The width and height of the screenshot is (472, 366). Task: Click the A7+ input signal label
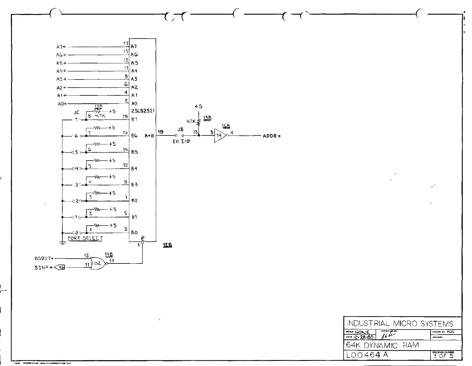click(61, 47)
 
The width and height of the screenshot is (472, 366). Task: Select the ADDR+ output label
click(272, 136)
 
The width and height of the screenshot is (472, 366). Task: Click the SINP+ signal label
click(43, 268)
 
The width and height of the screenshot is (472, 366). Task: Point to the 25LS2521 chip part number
click(143, 111)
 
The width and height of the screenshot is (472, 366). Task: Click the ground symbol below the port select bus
click(62, 243)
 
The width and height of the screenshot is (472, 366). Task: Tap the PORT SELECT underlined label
click(85, 238)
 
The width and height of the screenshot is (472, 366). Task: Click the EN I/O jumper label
click(181, 141)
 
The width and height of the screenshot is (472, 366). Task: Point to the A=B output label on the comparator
click(150, 135)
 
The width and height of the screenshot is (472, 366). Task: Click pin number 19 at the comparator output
click(160, 132)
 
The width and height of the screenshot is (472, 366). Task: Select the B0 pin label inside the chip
click(134, 233)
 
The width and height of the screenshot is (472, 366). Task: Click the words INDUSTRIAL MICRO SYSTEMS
click(400, 324)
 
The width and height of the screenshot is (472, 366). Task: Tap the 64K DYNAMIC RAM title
click(382, 345)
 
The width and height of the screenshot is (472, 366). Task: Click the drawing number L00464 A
click(367, 355)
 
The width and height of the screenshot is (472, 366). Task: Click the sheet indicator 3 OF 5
click(443, 356)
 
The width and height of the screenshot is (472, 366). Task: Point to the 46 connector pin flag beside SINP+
click(61, 268)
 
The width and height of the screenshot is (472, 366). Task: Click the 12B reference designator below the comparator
click(167, 245)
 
